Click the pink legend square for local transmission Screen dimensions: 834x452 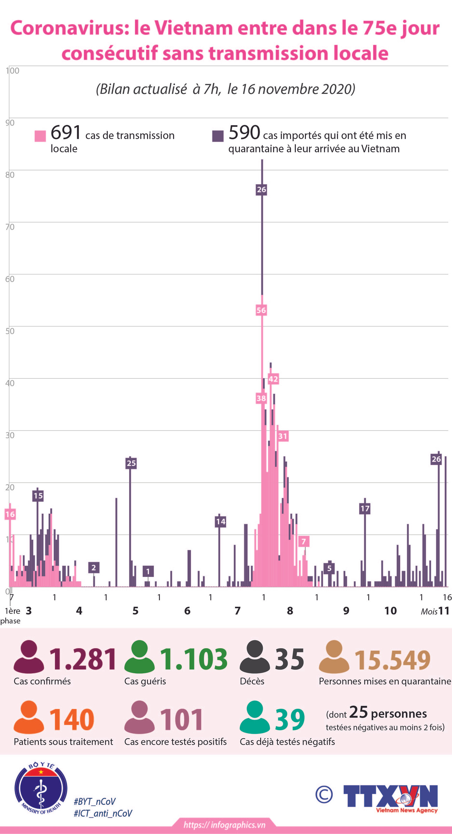point(40,136)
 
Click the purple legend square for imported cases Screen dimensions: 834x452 point(218,136)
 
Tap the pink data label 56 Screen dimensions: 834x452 point(261,310)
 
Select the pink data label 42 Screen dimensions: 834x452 point(273,379)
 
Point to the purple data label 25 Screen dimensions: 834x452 point(131,463)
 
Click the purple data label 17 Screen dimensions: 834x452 point(365,508)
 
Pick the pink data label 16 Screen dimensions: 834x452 point(10,514)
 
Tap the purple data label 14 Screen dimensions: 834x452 point(220,521)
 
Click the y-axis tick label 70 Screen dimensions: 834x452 point(10,227)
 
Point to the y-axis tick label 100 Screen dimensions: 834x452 point(13,71)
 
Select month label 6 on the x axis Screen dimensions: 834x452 point(187,611)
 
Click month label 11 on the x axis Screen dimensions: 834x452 point(444,611)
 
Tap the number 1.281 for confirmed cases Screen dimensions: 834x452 point(83,659)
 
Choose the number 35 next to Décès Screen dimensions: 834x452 point(289,659)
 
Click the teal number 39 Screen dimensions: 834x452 point(290,720)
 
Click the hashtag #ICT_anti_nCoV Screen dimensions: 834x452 point(103,813)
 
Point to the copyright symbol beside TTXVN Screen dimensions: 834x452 point(324,794)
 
